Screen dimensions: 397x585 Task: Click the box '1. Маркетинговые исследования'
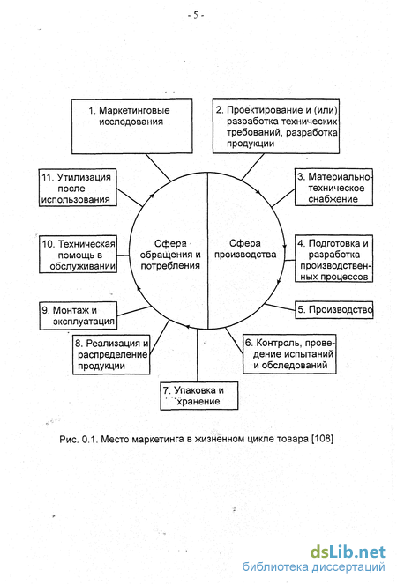pyautogui.click(x=131, y=126)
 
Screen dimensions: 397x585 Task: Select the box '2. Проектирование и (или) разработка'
pyautogui.click(x=276, y=126)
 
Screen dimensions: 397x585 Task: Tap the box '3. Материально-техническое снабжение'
pyautogui.click(x=333, y=188)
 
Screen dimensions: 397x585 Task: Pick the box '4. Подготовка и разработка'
pyautogui.click(x=333, y=258)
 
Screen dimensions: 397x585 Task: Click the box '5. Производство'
pyautogui.click(x=334, y=309)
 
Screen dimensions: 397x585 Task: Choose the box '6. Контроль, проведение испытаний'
pyautogui.click(x=290, y=353)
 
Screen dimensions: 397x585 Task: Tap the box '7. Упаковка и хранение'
pyautogui.click(x=199, y=396)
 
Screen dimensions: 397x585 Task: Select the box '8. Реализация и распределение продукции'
pyautogui.click(x=111, y=354)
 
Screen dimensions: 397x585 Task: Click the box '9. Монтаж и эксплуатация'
pyautogui.click(x=78, y=315)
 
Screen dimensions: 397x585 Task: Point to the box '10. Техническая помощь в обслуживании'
pyautogui.click(x=78, y=255)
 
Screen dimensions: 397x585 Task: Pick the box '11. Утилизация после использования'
pyautogui.click(x=78, y=188)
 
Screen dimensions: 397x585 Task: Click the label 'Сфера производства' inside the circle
pyautogui.click(x=245, y=248)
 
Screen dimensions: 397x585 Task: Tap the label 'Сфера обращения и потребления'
pyautogui.click(x=170, y=255)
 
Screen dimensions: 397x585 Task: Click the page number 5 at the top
pyautogui.click(x=196, y=15)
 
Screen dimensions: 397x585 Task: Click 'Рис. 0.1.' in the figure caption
pyautogui.click(x=79, y=439)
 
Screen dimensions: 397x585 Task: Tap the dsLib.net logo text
pyautogui.click(x=348, y=552)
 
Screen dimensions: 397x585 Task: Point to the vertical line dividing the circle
pyautogui.click(x=207, y=251)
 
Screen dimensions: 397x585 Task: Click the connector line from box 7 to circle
pyautogui.click(x=198, y=356)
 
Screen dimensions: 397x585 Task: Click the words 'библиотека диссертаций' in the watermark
pyautogui.click(x=314, y=567)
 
